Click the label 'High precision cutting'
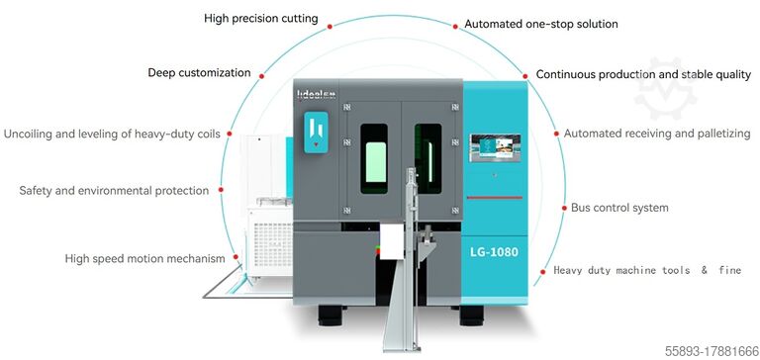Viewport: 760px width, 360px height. tap(261, 19)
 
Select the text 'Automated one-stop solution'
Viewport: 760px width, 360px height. tap(541, 24)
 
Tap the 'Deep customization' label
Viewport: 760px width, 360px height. tap(199, 72)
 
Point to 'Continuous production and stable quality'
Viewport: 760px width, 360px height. tap(643, 74)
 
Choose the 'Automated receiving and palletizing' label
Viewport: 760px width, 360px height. tap(657, 133)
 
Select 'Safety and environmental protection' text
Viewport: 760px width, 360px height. tap(114, 190)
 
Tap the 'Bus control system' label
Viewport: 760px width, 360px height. tap(619, 208)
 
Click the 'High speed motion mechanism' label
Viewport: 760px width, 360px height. tap(145, 258)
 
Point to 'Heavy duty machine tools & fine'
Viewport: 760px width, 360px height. tap(647, 269)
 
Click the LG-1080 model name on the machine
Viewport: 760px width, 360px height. tap(495, 252)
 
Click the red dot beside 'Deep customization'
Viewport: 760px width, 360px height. tap(262, 74)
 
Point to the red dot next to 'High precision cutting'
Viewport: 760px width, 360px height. tap(332, 19)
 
